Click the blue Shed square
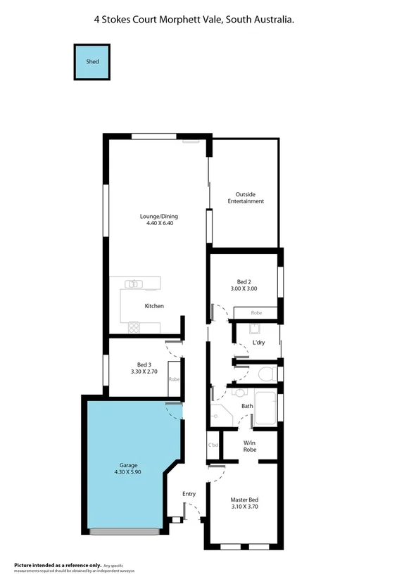coord(92,62)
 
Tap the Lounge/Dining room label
coord(159,216)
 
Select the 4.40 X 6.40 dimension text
coord(159,223)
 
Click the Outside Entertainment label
coord(246,198)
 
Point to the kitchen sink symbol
coord(134,284)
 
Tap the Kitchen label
coord(154,306)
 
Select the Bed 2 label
coord(244,281)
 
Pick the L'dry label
coord(259,343)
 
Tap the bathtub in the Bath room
coord(265,410)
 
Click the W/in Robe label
coord(249,445)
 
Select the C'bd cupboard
coord(213,445)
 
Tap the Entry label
coord(189,494)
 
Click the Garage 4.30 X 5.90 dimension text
coord(127,472)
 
